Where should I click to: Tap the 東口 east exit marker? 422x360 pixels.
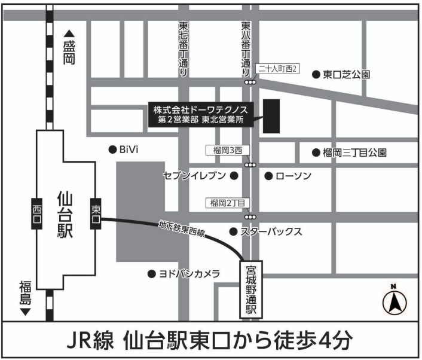pyautogui.click(x=96, y=212)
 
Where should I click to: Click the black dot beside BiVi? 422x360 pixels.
pyautogui.click(x=111, y=150)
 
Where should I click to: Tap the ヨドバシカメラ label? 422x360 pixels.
pyautogui.click(x=189, y=274)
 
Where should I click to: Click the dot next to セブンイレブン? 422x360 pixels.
pyautogui.click(x=234, y=176)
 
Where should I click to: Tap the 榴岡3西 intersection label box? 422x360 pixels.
pyautogui.click(x=225, y=150)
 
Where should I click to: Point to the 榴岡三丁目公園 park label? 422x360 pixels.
pyautogui.click(x=354, y=153)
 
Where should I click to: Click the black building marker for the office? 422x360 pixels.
pyautogui.click(x=272, y=116)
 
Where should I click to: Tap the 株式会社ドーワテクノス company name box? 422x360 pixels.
pyautogui.click(x=200, y=114)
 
